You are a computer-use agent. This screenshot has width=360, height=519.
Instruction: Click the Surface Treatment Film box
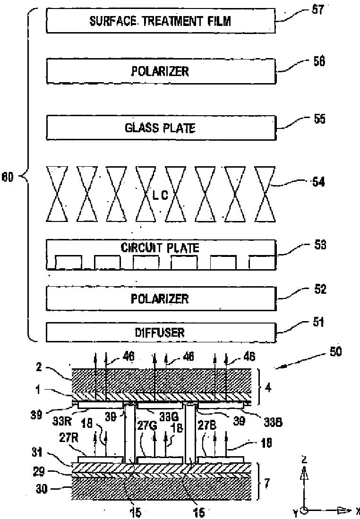point(161,21)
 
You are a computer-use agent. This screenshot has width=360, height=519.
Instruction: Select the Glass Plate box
point(161,128)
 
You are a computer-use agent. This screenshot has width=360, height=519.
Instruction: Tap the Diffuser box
point(161,332)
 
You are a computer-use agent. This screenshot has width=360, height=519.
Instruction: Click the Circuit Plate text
point(160,247)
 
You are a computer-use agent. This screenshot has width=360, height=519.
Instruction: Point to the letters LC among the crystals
point(160,196)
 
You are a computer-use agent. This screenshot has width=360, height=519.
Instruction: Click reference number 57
point(317,9)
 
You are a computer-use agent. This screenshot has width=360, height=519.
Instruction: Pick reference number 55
point(319,119)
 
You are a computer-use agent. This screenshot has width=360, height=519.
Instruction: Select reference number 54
point(318,182)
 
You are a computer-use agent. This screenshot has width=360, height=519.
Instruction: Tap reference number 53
point(320,245)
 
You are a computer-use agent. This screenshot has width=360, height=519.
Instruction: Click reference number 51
point(318,322)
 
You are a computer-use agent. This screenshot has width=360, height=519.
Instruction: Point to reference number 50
point(335,351)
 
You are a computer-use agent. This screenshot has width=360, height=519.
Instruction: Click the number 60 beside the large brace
point(8,178)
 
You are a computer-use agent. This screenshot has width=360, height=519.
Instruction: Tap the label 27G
point(145,425)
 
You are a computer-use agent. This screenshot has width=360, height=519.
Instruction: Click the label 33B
point(273,422)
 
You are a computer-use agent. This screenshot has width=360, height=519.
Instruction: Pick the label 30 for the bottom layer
point(42,489)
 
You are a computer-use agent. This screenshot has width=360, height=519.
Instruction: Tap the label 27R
point(68,438)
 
